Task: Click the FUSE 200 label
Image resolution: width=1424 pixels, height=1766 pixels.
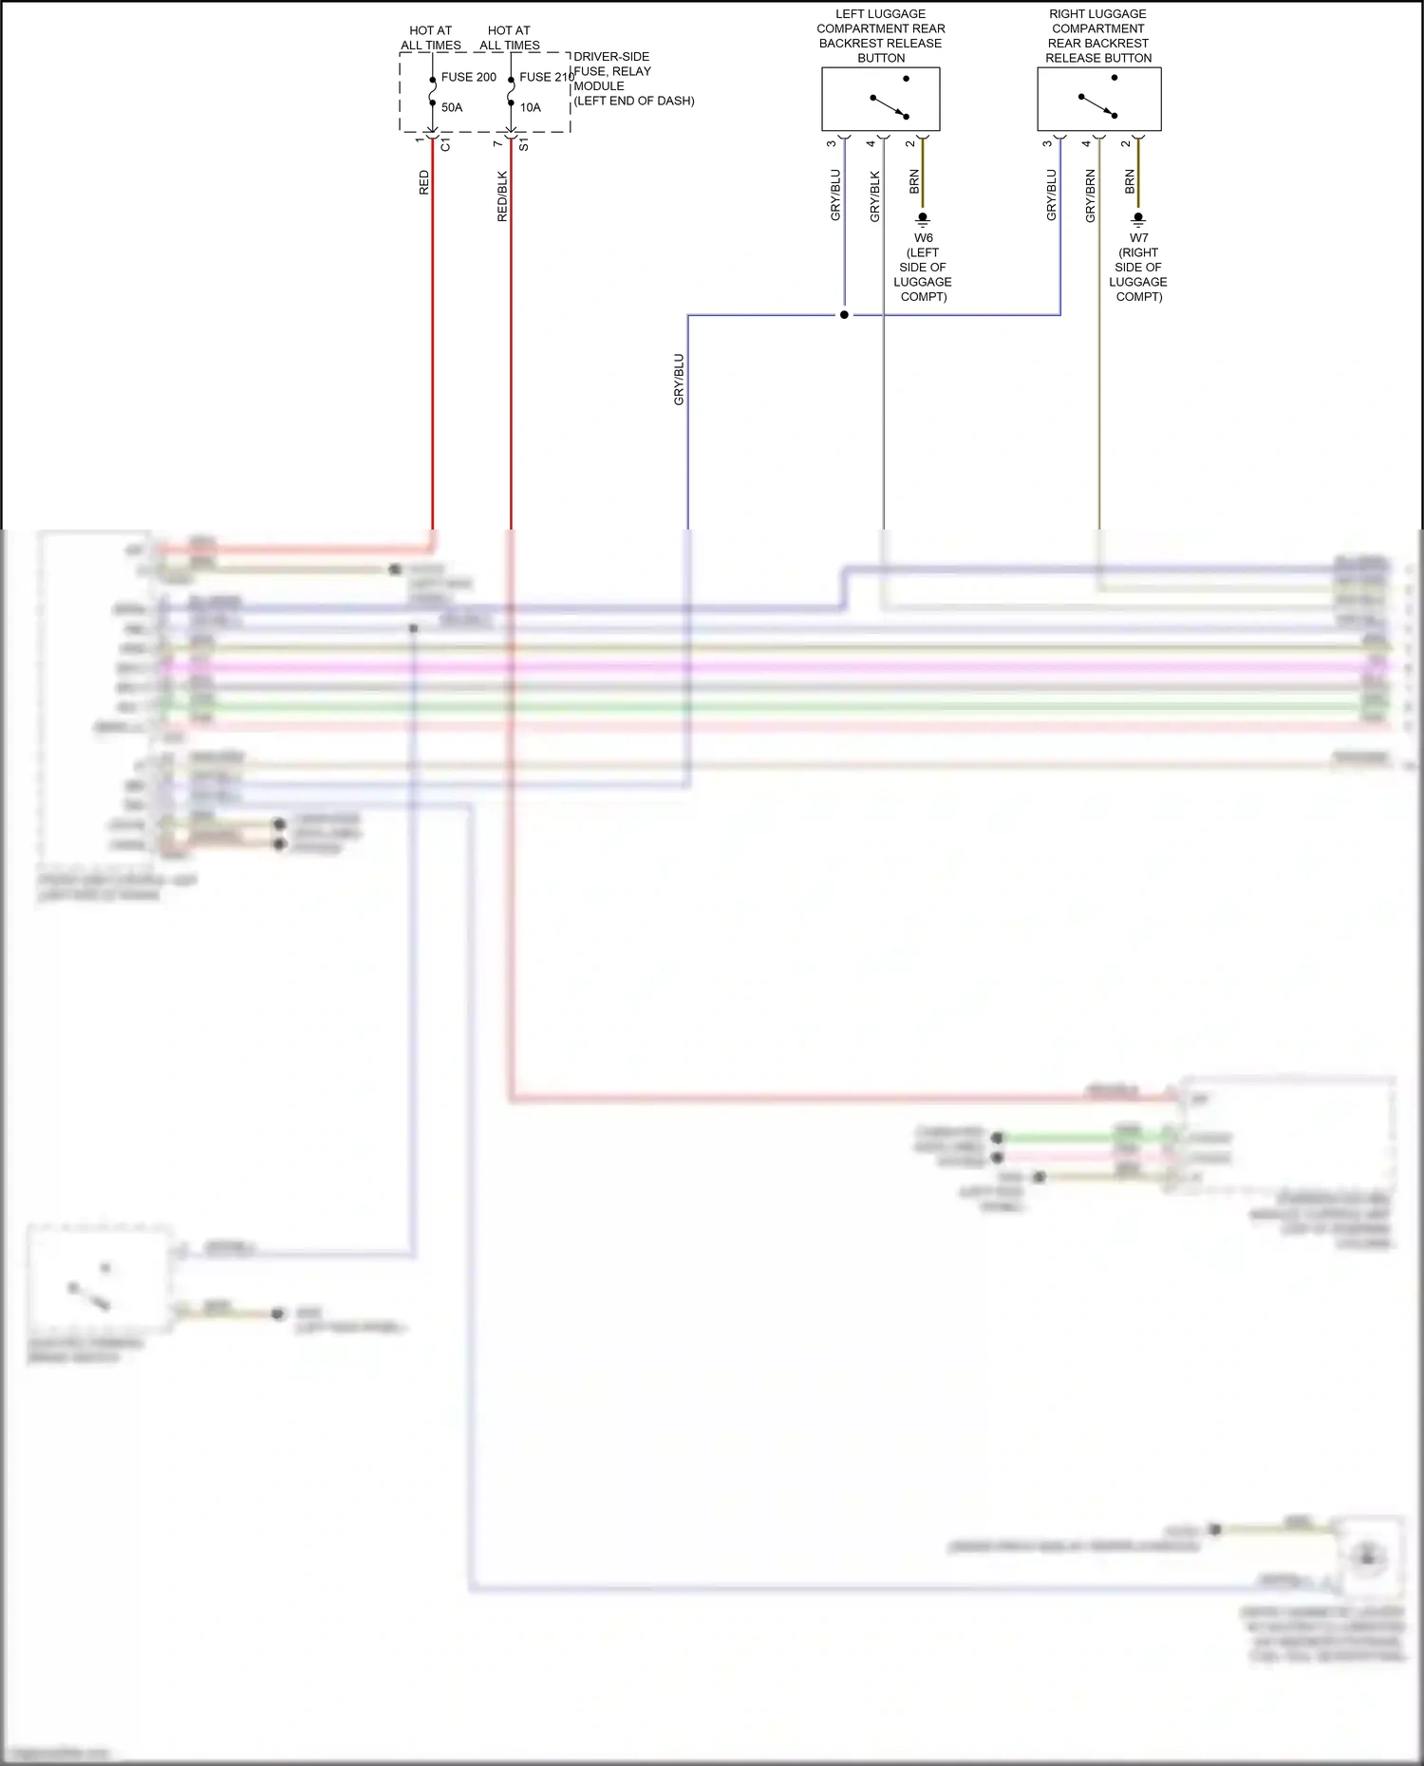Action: click(468, 77)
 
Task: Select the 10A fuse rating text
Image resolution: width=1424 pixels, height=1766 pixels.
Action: click(530, 107)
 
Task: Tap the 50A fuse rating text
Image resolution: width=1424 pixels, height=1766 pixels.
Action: click(452, 107)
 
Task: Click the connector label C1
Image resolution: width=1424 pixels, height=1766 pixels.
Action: click(446, 145)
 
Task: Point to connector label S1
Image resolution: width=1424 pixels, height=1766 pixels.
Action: click(524, 145)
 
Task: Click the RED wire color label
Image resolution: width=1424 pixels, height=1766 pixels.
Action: click(423, 183)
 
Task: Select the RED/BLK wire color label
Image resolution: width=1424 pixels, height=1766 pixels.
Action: click(502, 196)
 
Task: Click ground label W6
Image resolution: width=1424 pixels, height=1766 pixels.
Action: click(924, 238)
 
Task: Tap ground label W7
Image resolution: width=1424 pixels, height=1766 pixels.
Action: click(1138, 238)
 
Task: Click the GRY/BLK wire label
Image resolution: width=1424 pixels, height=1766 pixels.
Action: click(874, 196)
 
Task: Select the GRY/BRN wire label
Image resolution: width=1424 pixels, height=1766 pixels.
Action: click(1090, 196)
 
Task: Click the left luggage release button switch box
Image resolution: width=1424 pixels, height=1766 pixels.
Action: click(880, 99)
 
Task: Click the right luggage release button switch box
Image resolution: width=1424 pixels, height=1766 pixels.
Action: click(1098, 99)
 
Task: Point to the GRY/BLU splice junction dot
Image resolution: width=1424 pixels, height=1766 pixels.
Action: click(844, 315)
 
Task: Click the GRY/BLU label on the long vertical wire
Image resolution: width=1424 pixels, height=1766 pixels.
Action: click(678, 380)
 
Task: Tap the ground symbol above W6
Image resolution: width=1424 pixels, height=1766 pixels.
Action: click(923, 219)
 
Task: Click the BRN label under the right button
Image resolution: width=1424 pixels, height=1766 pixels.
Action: click(1130, 182)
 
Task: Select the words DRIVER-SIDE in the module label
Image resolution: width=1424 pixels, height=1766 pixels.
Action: click(611, 57)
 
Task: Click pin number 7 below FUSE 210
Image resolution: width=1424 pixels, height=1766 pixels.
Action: click(497, 143)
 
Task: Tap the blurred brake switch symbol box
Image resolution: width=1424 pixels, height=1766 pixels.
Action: click(100, 1281)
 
